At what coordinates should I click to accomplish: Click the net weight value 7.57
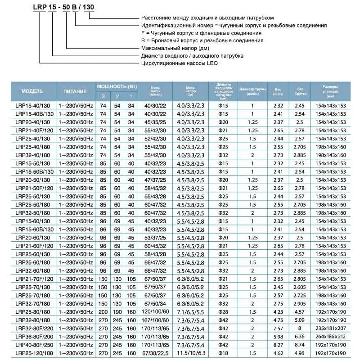coord(278,329)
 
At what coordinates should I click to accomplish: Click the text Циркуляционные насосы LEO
coord(179,64)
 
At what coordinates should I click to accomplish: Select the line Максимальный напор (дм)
coord(175,48)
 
